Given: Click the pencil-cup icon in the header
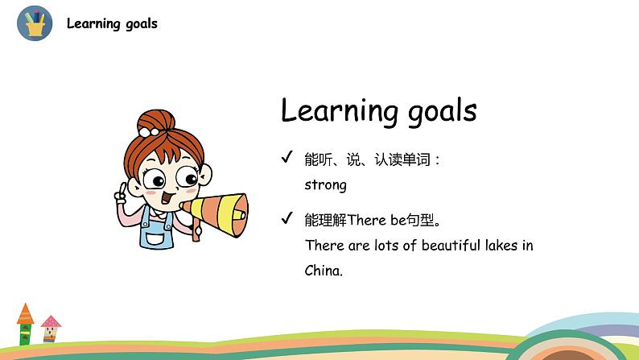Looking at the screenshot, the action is (x=35, y=23).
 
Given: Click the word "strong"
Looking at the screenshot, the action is (x=325, y=185).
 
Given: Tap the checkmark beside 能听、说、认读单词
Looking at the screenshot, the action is (x=287, y=156).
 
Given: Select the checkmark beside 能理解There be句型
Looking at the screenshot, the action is (x=287, y=218).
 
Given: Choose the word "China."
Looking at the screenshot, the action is (x=324, y=271).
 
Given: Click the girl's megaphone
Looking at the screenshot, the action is (x=216, y=214).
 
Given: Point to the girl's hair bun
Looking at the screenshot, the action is (x=155, y=121).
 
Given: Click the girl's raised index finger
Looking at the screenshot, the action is (x=122, y=188).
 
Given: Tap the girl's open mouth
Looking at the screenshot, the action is (x=167, y=198).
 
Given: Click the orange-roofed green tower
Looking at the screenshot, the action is (x=25, y=324).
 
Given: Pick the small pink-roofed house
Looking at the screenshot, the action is (x=51, y=329).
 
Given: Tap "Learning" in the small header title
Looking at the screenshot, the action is (x=93, y=23).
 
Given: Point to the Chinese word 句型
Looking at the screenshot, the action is (x=421, y=220).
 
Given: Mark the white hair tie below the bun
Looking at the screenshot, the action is (x=148, y=132).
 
